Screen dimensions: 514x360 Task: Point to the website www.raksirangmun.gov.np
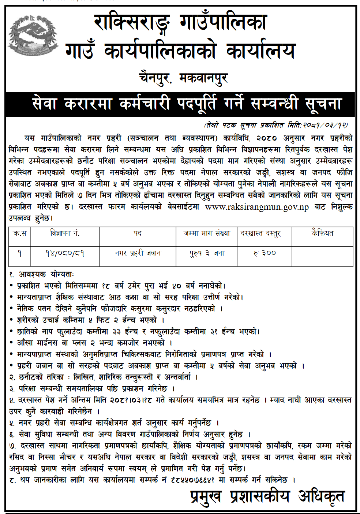coord(256,207)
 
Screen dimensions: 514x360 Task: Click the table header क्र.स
coord(19,233)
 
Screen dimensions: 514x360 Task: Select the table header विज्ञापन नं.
coord(64,233)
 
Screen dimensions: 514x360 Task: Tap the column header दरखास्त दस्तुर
coord(260,234)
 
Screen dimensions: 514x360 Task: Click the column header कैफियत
coord(322,233)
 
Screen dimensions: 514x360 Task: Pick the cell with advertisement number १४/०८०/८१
coord(64,253)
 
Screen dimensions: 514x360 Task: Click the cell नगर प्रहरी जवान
coord(138,253)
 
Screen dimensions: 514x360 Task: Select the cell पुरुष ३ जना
coord(207,253)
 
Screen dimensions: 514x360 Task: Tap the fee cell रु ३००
coord(264,253)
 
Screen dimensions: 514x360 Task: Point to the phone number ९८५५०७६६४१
coord(192,480)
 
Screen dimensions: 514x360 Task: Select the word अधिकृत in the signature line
coord(321,497)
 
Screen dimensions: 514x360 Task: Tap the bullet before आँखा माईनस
coord(12,343)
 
